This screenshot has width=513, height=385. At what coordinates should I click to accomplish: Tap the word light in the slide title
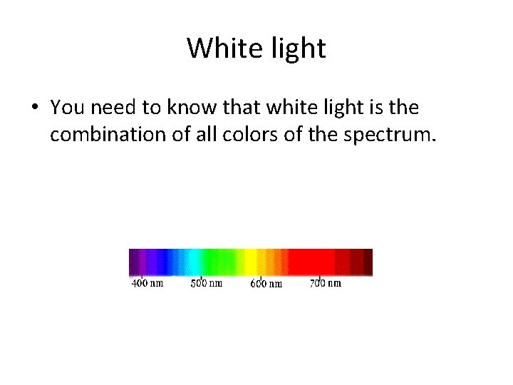294,48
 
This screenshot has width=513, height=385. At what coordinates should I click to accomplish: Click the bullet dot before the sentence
34,108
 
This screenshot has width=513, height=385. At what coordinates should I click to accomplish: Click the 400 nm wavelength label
147,283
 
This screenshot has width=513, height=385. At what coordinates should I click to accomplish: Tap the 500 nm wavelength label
207,283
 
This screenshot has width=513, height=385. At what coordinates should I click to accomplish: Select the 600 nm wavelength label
266,284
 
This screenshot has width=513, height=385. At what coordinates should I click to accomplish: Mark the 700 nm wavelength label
326,283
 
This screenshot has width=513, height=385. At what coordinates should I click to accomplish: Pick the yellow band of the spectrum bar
251,262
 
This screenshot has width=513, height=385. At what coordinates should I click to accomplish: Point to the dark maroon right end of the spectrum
366,262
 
